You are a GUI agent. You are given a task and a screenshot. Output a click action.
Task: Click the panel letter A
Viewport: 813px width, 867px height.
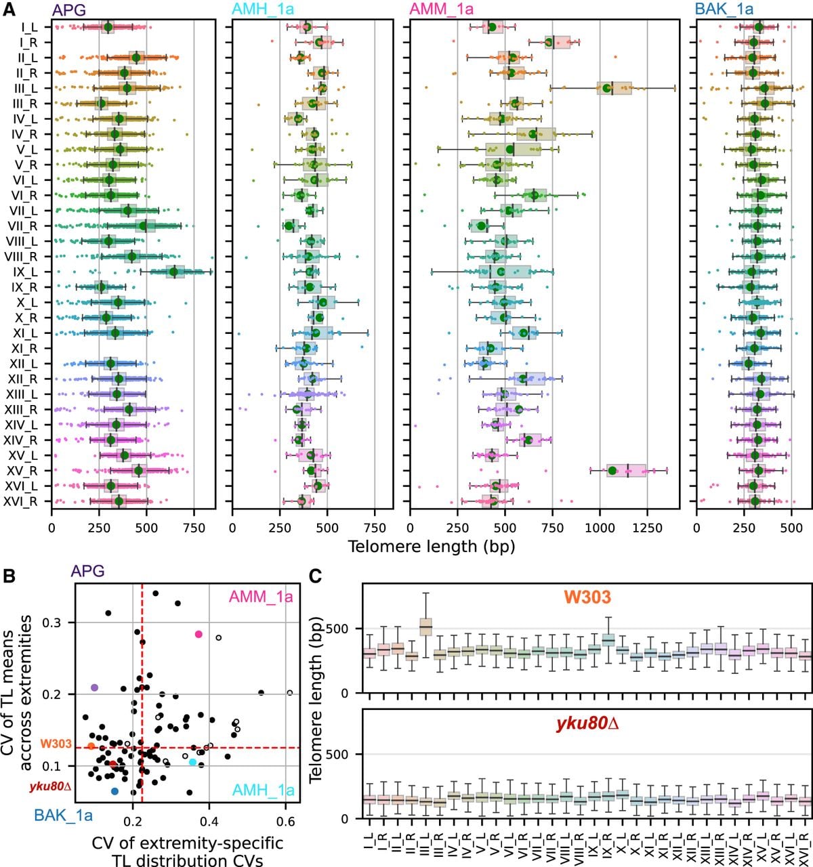pos(9,9)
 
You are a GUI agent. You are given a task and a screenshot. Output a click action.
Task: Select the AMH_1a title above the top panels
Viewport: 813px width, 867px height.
pos(263,9)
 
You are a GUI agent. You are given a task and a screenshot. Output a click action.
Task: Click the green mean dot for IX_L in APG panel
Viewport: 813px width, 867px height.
pos(174,272)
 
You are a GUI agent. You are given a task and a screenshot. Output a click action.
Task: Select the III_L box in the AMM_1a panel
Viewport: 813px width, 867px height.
pos(614,88)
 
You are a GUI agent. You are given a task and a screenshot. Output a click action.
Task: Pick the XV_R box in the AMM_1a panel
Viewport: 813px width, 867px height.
pos(626,471)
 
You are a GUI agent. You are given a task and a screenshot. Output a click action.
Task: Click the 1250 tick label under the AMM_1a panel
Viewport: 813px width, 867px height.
pos(647,528)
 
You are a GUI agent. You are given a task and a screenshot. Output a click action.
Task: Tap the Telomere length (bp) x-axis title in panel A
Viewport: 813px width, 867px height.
pos(431,547)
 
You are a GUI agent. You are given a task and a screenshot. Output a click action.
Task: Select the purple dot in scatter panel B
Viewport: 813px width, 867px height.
pos(94,688)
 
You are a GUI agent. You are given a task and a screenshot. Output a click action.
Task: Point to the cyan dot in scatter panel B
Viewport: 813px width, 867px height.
pos(192,762)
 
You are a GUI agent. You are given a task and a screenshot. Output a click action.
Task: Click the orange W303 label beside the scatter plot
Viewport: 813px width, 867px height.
pos(56,744)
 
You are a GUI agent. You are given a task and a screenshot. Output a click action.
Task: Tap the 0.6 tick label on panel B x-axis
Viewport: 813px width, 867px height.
pos(285,822)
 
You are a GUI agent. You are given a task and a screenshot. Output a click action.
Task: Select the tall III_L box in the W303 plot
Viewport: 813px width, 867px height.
pos(425,627)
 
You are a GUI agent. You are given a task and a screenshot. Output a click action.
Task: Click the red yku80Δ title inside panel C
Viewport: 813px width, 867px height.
pos(587,724)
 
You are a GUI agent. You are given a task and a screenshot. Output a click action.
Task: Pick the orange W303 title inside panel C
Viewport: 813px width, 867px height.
pos(587,597)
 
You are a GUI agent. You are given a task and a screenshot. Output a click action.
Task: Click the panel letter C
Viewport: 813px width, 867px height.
pos(315,576)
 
